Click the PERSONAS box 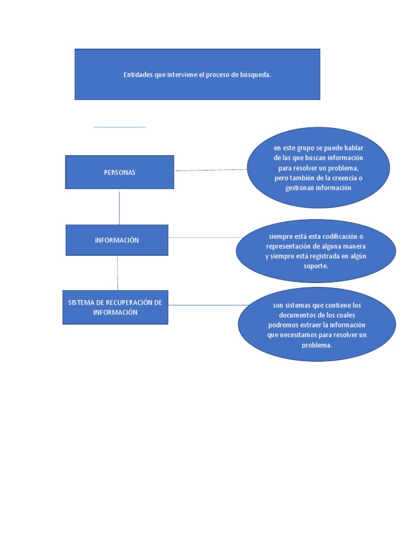click(119, 172)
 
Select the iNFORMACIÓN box click(117, 240)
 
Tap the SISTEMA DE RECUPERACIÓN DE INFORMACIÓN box click(115, 307)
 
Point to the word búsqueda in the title click(255, 75)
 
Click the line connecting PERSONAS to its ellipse click(211, 170)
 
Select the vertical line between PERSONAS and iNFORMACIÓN click(119, 207)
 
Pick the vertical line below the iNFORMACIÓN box click(118, 273)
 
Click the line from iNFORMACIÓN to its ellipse click(203, 237)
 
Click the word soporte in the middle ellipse click(316, 266)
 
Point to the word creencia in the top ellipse click(343, 178)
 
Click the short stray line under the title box click(120, 127)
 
